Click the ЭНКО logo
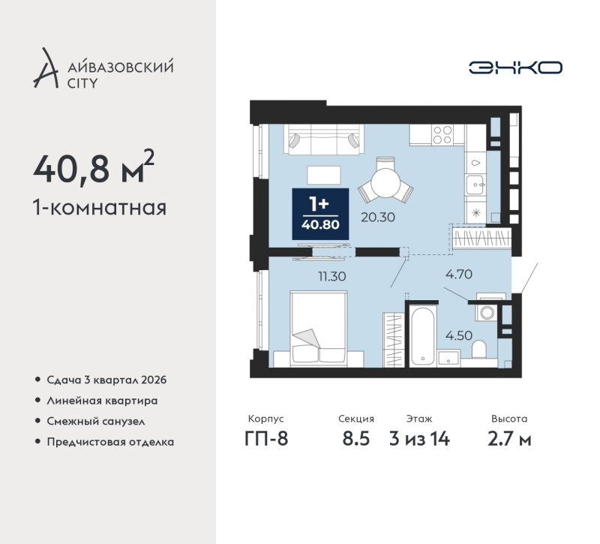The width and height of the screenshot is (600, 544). (x=515, y=68)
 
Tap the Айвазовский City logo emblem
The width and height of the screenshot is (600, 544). (x=46, y=68)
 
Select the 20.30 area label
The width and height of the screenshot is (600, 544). (x=378, y=217)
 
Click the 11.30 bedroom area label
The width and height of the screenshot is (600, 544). (x=332, y=276)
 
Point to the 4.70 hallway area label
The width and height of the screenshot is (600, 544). (x=459, y=274)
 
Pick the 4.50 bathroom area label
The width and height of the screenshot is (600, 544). (x=459, y=335)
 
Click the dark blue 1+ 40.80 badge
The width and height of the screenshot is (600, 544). (x=320, y=214)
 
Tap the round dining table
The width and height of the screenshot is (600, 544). (x=385, y=183)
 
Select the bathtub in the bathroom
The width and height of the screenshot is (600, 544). (x=422, y=335)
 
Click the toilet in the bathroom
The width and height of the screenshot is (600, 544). (x=478, y=350)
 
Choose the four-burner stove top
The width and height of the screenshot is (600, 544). (x=442, y=135)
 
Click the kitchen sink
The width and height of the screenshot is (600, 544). (x=475, y=185)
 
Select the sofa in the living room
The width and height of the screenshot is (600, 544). (x=324, y=140)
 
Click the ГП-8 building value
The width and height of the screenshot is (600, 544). (x=266, y=439)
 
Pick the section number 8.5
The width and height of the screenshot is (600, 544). (x=355, y=439)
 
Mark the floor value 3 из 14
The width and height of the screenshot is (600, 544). (x=419, y=439)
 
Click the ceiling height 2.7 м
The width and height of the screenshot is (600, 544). (x=509, y=439)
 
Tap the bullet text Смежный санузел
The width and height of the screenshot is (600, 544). (x=96, y=422)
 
